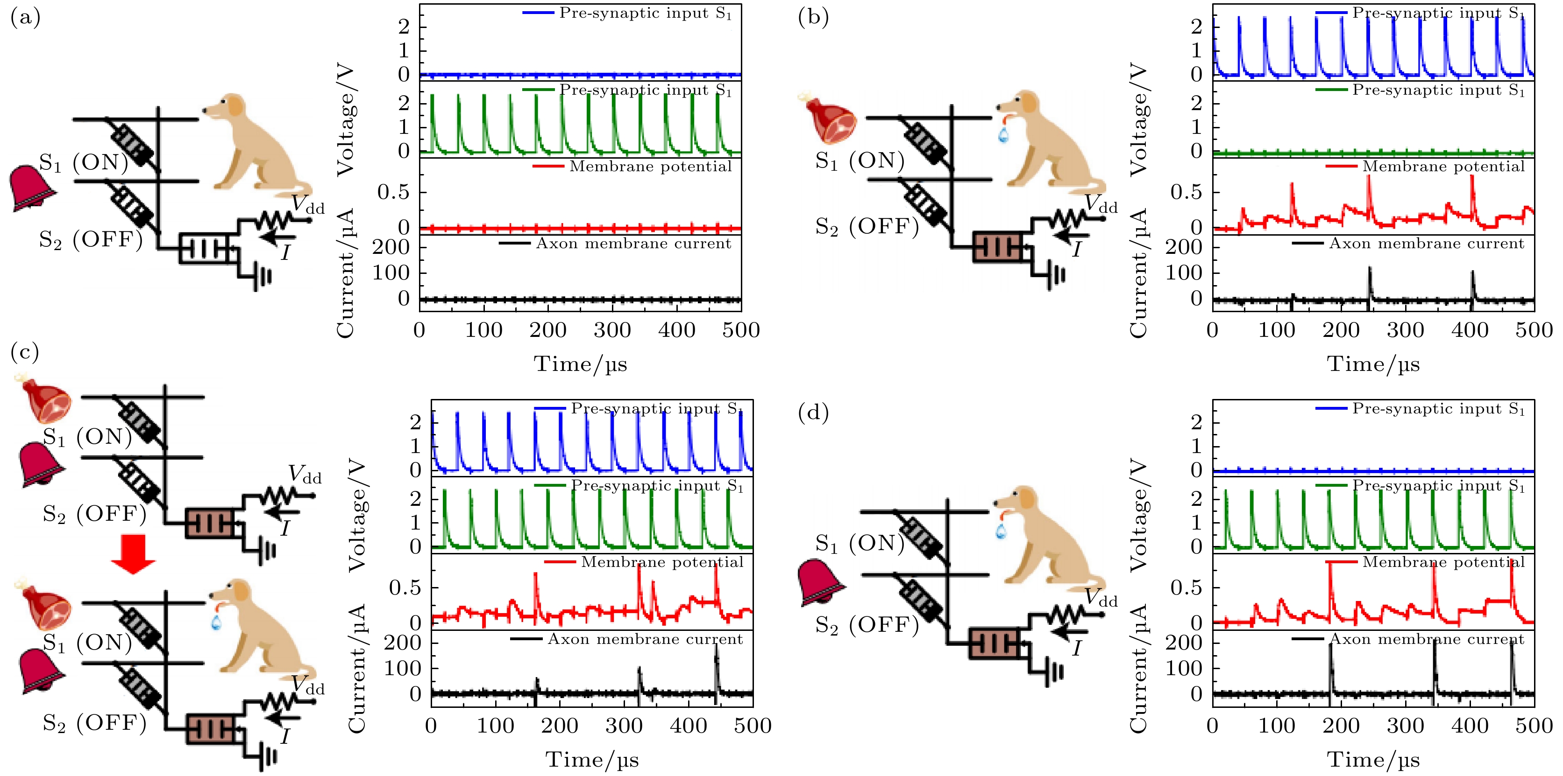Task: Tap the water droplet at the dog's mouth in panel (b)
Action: click(x=1003, y=134)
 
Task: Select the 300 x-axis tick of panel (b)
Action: click(x=1405, y=330)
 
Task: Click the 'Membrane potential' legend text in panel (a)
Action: click(x=650, y=167)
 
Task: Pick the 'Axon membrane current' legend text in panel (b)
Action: click(x=1426, y=244)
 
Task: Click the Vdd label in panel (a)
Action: click(x=308, y=205)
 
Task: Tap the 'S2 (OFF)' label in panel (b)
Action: click(x=867, y=227)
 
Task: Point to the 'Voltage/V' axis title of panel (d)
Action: click(x=1139, y=515)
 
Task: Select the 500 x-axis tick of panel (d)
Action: click(x=1534, y=726)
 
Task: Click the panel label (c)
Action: click(x=25, y=352)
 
